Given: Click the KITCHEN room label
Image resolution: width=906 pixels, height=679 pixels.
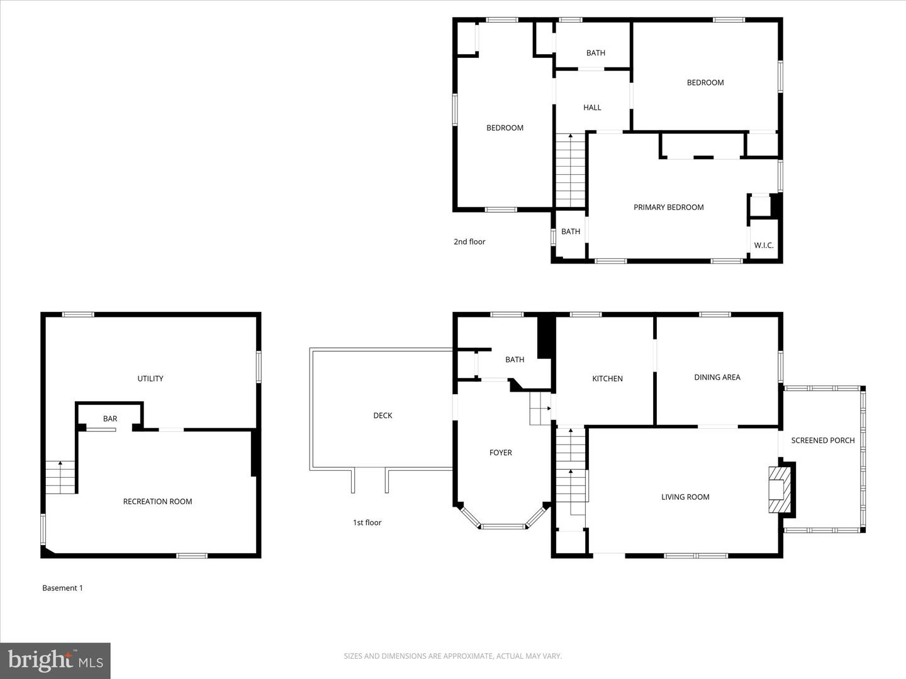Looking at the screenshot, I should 607,378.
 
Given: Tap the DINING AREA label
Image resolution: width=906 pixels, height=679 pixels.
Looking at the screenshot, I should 717,377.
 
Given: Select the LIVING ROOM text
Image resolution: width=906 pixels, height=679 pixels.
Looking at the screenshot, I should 685,497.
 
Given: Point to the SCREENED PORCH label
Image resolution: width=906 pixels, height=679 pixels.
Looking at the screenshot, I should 822,440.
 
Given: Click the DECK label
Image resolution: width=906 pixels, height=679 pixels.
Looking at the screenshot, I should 383,416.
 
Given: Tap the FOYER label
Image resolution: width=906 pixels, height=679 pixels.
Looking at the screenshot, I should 500,453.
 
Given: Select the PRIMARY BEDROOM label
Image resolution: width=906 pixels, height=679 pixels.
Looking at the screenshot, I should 668,207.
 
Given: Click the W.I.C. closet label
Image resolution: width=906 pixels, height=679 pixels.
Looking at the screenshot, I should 763,245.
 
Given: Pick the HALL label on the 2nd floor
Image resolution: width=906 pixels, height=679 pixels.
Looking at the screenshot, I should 591,108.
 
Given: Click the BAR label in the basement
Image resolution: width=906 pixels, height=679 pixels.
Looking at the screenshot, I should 110,419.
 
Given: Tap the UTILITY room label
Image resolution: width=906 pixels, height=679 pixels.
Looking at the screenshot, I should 150,378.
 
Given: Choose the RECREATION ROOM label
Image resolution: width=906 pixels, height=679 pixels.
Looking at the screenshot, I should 157,502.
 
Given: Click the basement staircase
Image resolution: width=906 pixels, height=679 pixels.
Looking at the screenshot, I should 60,477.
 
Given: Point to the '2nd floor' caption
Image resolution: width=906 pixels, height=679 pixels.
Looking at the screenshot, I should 469,241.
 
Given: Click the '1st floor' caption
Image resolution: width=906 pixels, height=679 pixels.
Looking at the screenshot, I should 367,522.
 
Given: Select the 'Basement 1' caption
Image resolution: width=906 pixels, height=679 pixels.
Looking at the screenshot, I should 62,588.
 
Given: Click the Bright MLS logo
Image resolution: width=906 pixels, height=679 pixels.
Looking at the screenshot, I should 55,660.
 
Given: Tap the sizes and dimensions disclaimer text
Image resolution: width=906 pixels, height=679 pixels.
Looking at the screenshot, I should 452,656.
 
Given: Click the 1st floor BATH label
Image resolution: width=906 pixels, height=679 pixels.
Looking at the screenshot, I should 514,360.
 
